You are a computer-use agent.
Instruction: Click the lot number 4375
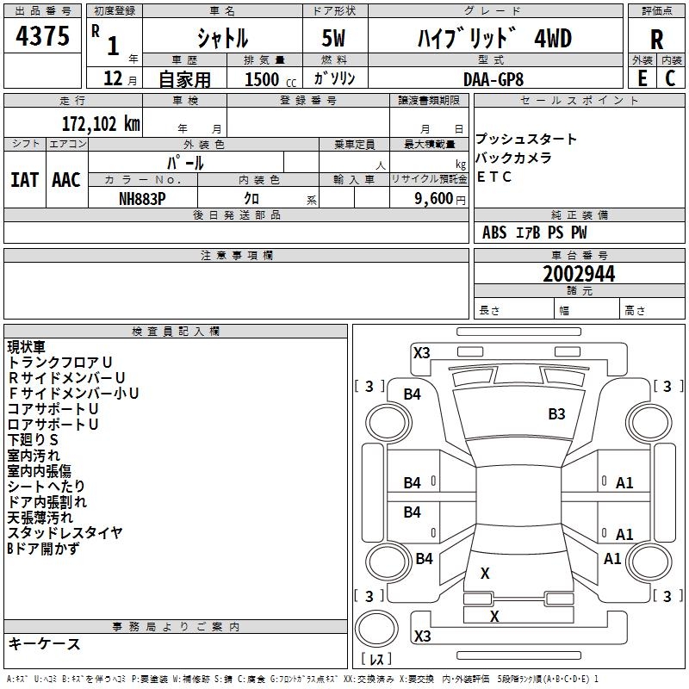click(42, 36)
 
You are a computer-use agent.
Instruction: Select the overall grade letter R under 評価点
click(656, 40)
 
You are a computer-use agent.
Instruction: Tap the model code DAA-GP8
click(493, 79)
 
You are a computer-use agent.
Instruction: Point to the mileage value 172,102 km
click(101, 124)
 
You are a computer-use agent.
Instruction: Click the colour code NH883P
click(142, 199)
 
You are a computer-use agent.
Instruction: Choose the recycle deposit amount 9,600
click(434, 199)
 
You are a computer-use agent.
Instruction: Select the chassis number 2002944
click(579, 274)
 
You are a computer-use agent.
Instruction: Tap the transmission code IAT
click(24, 180)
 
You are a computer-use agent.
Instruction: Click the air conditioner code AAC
click(66, 180)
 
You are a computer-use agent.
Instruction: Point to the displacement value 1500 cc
click(270, 79)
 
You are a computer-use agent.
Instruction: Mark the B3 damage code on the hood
click(556, 414)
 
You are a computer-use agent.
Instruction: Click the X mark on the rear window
click(485, 573)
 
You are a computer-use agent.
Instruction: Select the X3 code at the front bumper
click(421, 353)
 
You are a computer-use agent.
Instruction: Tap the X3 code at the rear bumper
click(422, 636)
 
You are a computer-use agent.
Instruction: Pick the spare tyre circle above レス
click(376, 628)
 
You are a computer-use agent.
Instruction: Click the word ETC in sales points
click(493, 177)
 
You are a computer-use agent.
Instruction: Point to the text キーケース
click(44, 643)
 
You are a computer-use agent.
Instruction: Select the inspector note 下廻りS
click(33, 440)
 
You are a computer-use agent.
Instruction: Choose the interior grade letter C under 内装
click(670, 78)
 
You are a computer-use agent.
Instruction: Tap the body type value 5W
click(333, 38)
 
